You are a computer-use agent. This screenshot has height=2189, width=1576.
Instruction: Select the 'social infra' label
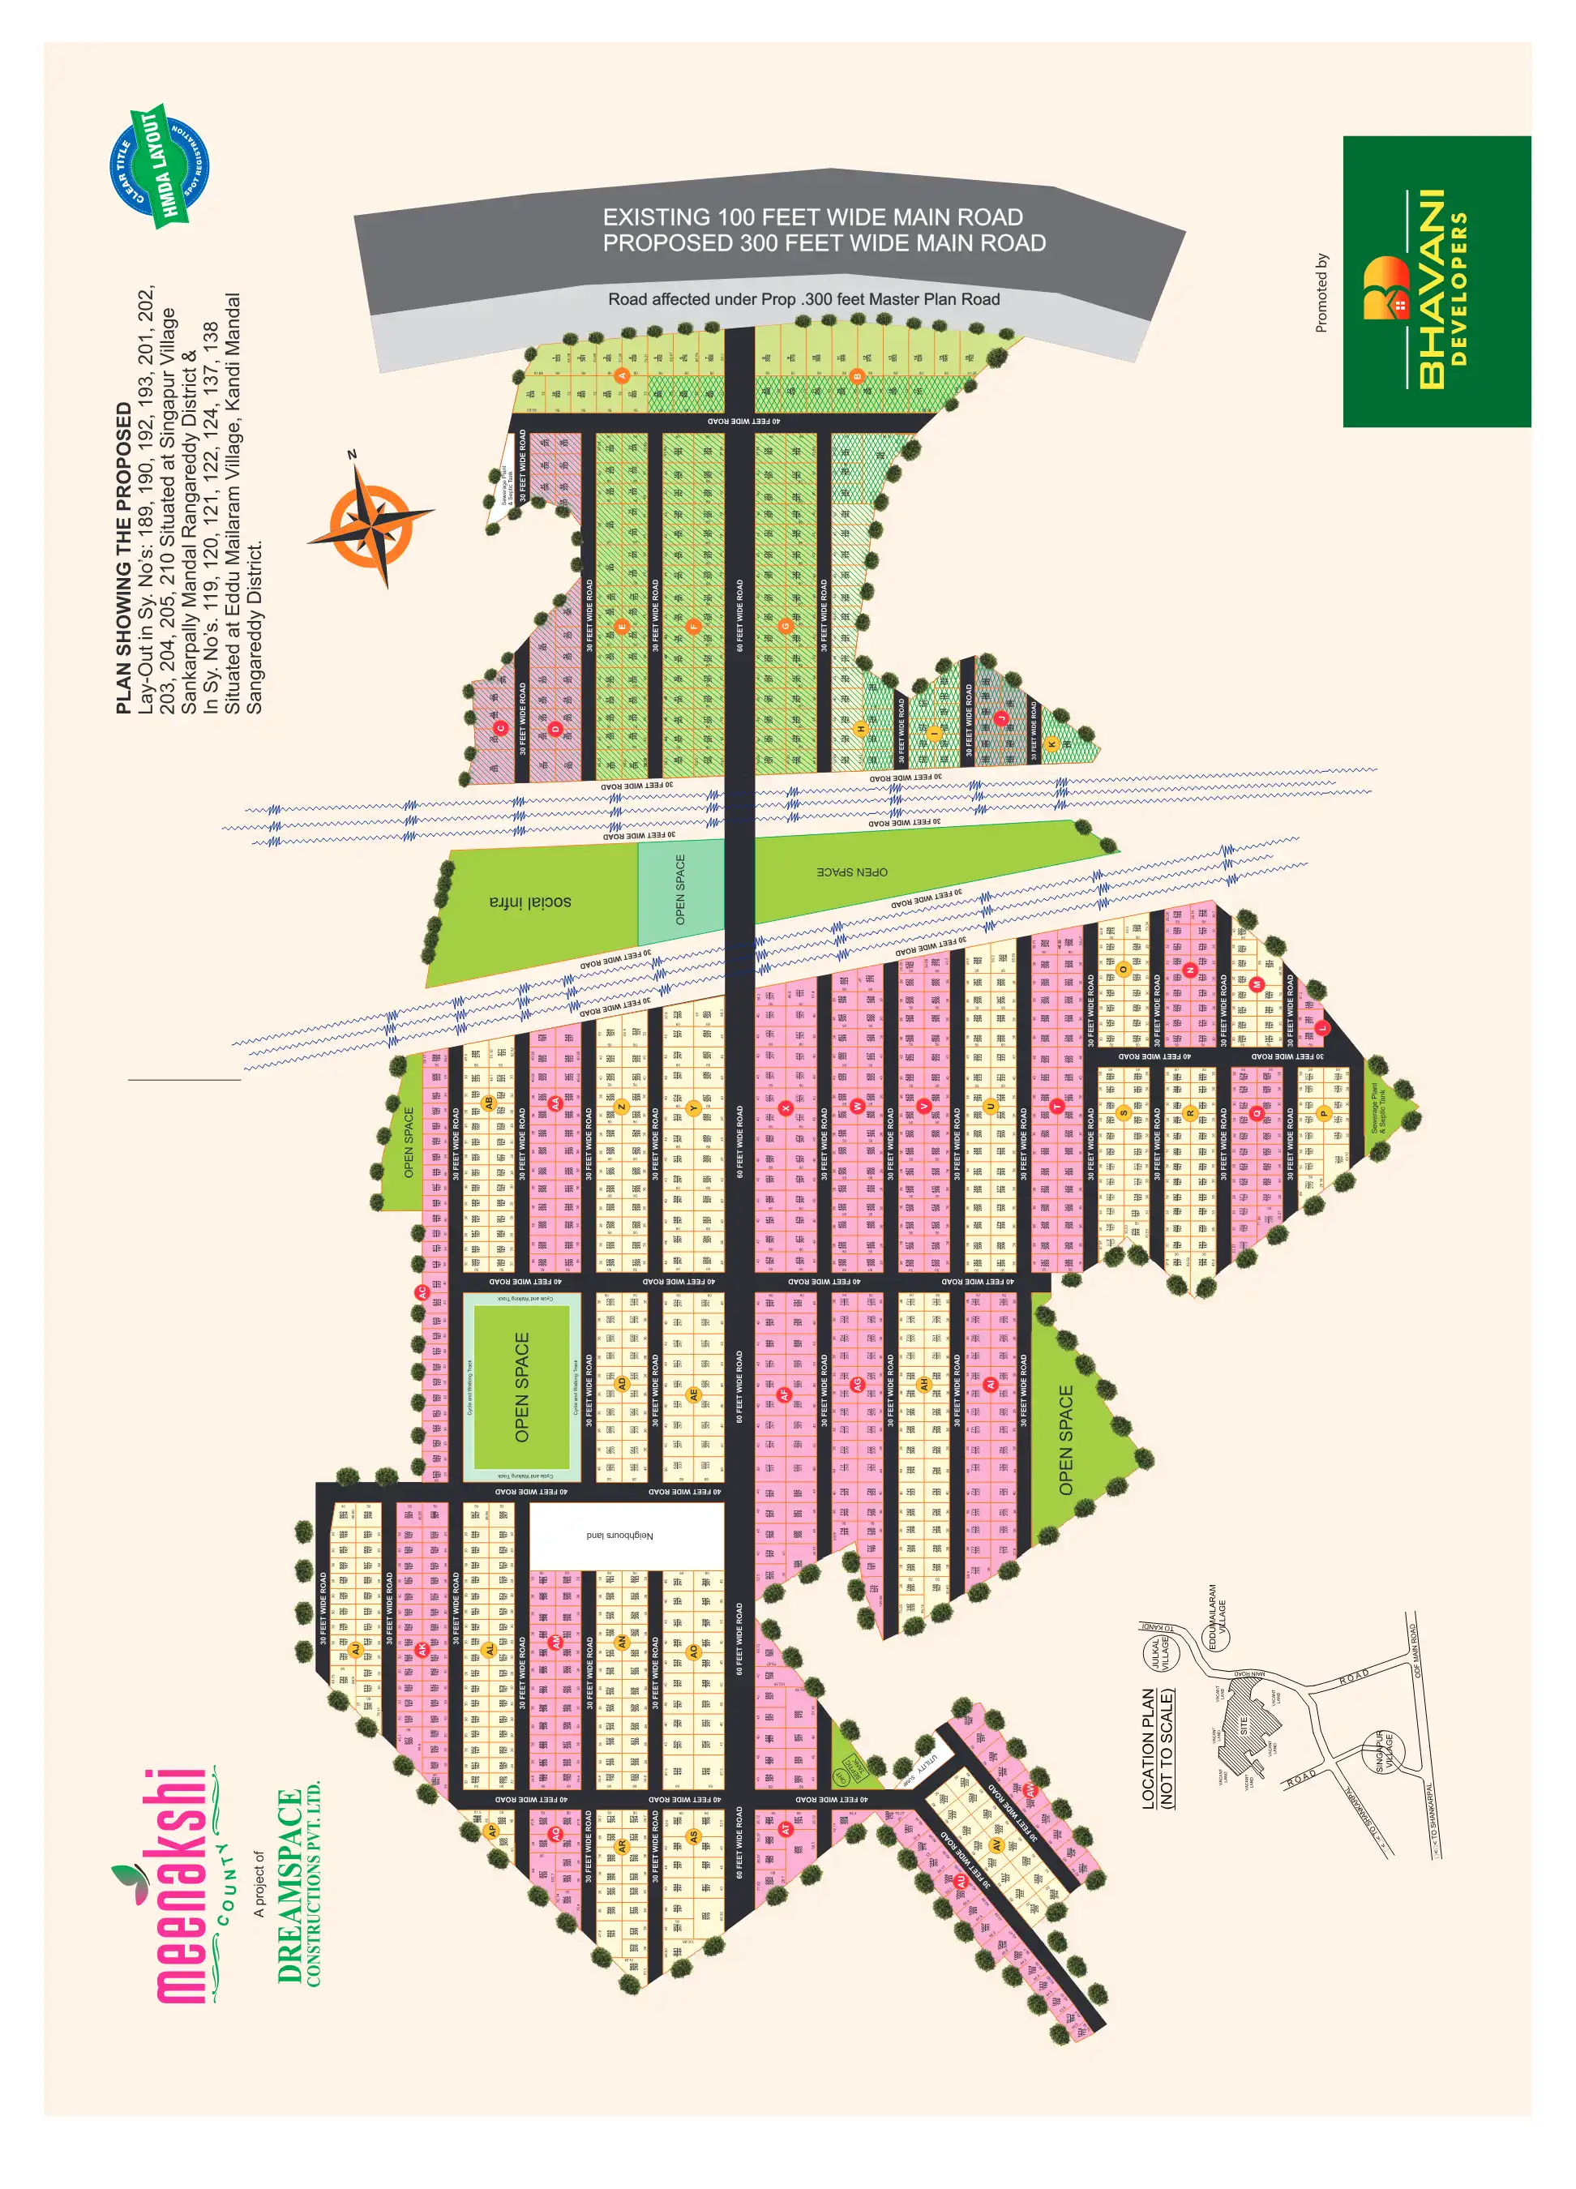pyautogui.click(x=530, y=902)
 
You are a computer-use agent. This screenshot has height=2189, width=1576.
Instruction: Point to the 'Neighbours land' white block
pyautogui.click(x=620, y=1535)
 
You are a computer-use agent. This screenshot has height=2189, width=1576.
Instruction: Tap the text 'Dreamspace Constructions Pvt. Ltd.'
pyautogui.click(x=298, y=1887)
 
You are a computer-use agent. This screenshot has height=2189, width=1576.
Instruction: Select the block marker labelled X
pyautogui.click(x=786, y=1107)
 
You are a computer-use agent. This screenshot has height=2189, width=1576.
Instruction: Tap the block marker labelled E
pyautogui.click(x=622, y=627)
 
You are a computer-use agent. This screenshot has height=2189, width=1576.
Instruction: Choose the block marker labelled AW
pyautogui.click(x=1030, y=1790)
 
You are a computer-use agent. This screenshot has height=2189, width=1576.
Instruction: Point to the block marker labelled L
pyautogui.click(x=1322, y=1028)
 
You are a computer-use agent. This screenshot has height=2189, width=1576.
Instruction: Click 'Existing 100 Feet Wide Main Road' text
pyautogui.click(x=812, y=217)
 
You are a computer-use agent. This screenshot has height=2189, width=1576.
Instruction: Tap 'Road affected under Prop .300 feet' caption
pyautogui.click(x=803, y=299)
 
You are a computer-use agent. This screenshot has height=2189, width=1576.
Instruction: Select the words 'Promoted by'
pyautogui.click(x=1321, y=293)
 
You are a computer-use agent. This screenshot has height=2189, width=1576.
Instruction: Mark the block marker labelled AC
pyautogui.click(x=421, y=1292)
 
